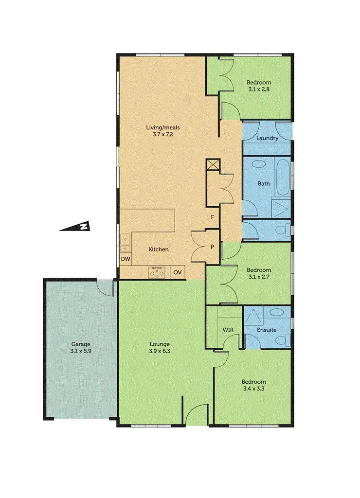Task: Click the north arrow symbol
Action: point(74,227)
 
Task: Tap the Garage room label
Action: point(80,343)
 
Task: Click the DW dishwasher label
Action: point(126,259)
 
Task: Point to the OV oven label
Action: point(178,272)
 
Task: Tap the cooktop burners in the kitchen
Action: point(158,273)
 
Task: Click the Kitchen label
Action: point(159,249)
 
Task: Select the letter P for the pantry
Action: point(212,247)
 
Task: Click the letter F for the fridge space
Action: point(212,217)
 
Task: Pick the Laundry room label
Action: point(267,138)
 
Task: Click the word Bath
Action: point(264,184)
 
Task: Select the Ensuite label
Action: point(267,330)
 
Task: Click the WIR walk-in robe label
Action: point(228,330)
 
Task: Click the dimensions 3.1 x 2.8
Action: point(259,89)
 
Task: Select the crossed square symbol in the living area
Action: point(214,165)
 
